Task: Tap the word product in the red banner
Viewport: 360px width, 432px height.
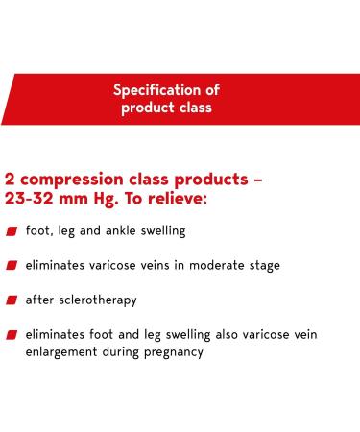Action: (x=147, y=108)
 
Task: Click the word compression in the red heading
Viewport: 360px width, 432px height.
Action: (x=80, y=180)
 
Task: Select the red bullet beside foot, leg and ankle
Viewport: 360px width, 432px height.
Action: (x=11, y=232)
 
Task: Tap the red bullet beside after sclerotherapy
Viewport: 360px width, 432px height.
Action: (x=11, y=300)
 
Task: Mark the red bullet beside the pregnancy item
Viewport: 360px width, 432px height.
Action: (x=11, y=335)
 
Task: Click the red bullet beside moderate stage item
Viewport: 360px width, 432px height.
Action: (x=11, y=266)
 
